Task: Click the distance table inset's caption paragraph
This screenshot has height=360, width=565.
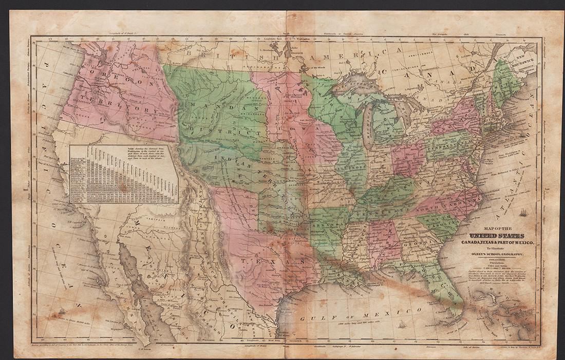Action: click(x=152, y=155)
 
